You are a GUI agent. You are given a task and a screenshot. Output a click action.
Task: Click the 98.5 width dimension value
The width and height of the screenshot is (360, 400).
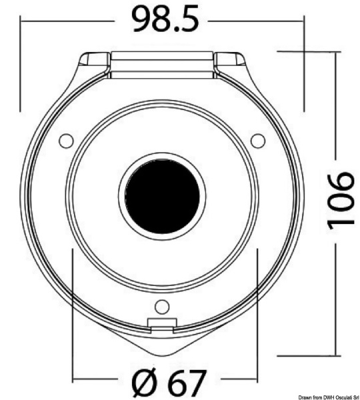(x=165, y=20)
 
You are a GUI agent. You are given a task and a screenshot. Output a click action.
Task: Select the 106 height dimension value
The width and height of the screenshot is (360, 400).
(x=341, y=200)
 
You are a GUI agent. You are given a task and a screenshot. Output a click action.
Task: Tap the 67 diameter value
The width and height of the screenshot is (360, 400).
(x=187, y=383)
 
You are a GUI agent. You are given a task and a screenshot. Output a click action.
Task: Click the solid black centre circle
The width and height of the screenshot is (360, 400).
(x=163, y=196)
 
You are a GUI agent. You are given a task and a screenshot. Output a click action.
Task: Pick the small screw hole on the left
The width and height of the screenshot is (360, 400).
(x=67, y=141)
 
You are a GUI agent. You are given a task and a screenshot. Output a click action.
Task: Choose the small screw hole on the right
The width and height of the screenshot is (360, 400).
(x=258, y=141)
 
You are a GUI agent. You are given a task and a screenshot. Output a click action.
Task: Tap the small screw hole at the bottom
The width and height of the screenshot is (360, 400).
(x=162, y=307)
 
